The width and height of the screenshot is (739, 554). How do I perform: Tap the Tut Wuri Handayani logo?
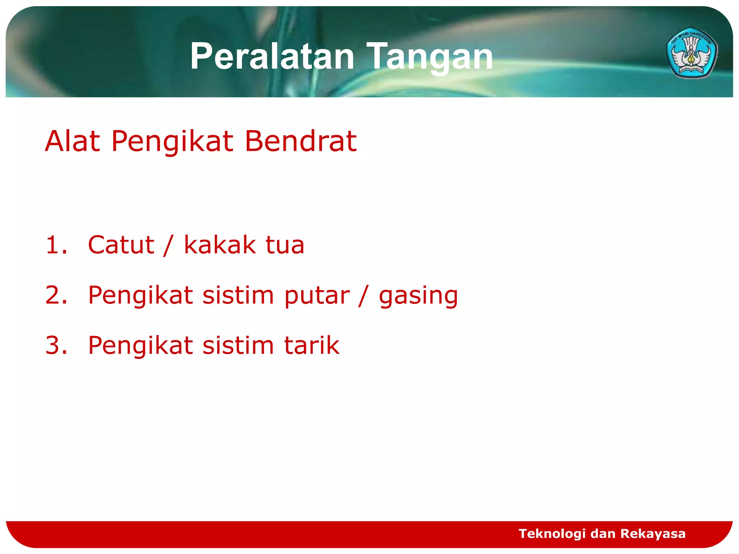pos(692,53)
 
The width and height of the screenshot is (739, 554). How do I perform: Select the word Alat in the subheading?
pos(72,141)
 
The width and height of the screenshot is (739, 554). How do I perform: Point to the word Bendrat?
pos(301,141)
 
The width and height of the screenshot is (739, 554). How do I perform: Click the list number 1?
pos(56,245)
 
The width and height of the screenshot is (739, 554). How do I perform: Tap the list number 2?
pos(56,295)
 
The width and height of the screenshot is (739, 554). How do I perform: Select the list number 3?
pos(56,346)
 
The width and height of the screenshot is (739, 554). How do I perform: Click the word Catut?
pos(121,245)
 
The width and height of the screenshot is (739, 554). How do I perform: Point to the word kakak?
pos(220,245)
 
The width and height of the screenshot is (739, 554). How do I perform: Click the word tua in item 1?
pos(285,245)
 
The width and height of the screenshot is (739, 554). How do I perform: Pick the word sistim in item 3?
pos(238,346)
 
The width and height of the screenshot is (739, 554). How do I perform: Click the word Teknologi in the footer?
pos(552,533)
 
